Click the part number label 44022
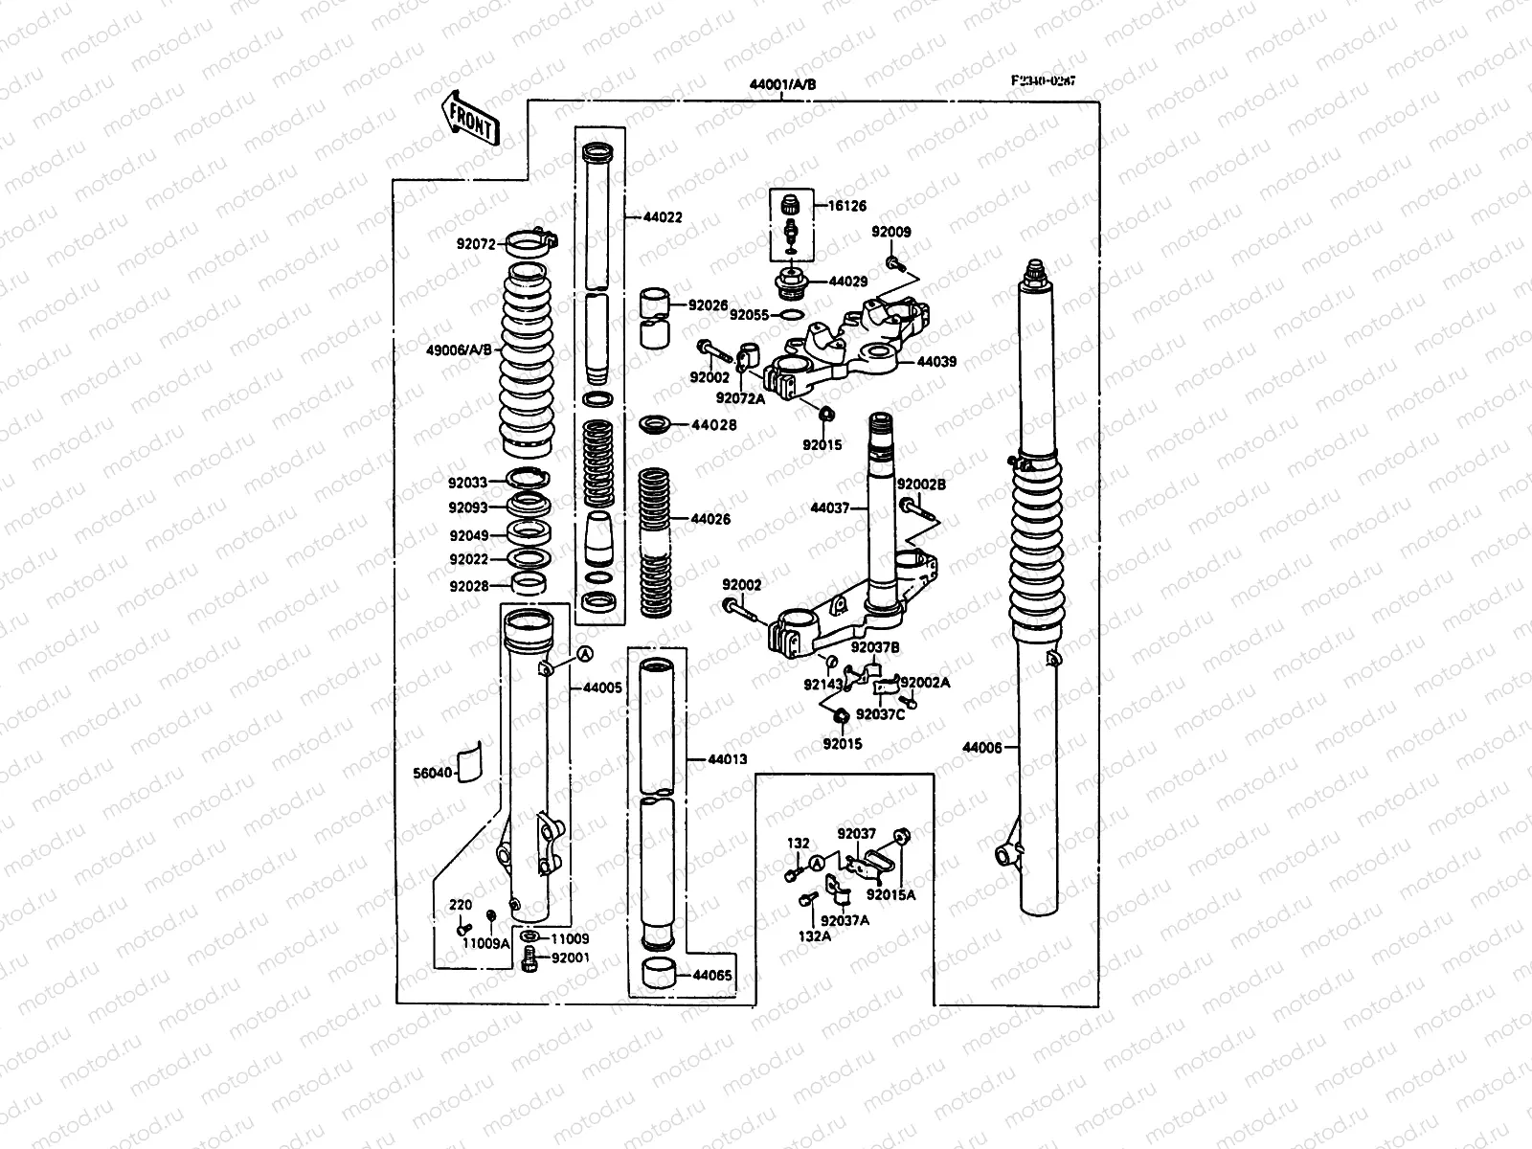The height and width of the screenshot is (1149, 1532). (x=664, y=218)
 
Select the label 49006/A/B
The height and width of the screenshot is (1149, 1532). (x=459, y=349)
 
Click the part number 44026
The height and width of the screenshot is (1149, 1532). (x=711, y=519)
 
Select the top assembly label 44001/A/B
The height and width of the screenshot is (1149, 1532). (x=783, y=84)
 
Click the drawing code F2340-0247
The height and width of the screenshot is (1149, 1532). (x=1043, y=81)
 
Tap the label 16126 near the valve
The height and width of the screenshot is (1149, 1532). (x=846, y=206)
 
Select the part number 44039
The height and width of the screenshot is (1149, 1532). (x=936, y=363)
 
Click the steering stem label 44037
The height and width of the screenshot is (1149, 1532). (x=830, y=508)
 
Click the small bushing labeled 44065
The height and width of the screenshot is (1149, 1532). (x=658, y=977)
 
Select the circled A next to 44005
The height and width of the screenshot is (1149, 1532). (x=583, y=653)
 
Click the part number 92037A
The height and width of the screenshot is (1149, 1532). (x=845, y=920)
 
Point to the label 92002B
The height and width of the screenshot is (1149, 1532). (x=921, y=485)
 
